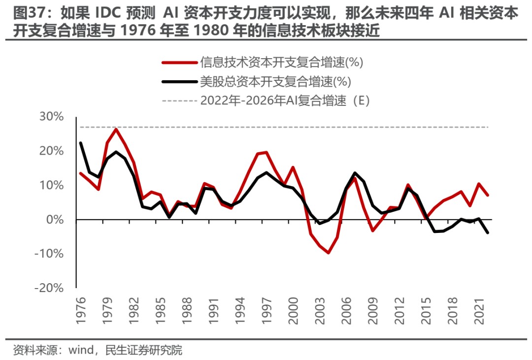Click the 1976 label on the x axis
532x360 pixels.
coord(81,310)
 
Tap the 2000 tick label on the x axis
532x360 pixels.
coord(293,310)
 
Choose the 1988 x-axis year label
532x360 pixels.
coord(187,310)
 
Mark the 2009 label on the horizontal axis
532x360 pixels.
coord(373,310)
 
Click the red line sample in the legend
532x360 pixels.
coord(179,62)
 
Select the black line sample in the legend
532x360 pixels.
coord(179,81)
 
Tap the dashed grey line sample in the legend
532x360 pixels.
coord(179,100)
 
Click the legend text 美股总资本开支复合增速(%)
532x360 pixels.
coord(275,81)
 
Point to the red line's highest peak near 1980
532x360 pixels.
coord(116,129)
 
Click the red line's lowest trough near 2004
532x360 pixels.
coord(328,253)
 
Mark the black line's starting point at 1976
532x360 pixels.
coord(80,143)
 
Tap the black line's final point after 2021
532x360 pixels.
coord(488,232)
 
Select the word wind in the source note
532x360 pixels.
coord(81,351)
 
